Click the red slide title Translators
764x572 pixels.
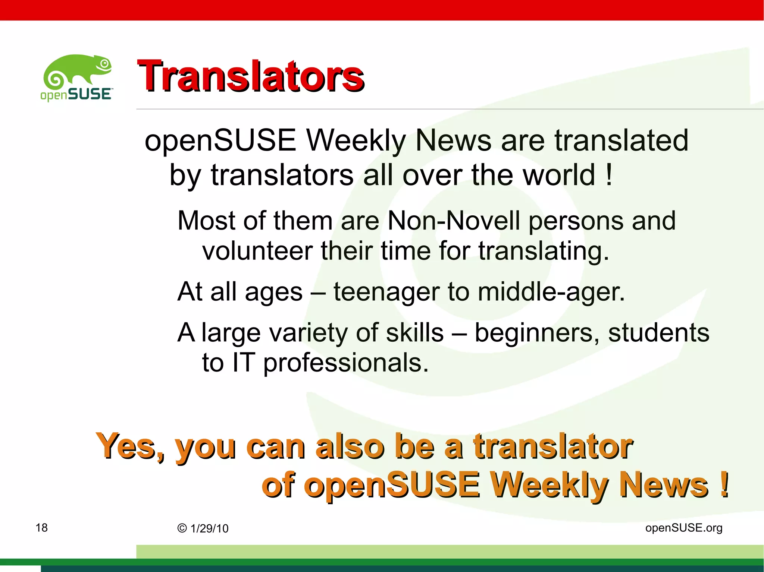pos(250,76)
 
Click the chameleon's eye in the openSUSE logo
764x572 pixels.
pos(105,64)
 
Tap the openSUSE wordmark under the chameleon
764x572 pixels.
pos(76,94)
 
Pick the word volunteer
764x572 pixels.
pos(257,251)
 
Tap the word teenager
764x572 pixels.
pos(386,292)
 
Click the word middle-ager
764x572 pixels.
pos(551,292)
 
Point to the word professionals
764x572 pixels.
pos(346,363)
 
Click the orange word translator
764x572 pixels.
pos(553,446)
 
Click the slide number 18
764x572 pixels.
pos(41,528)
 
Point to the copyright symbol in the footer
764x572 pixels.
pos(182,528)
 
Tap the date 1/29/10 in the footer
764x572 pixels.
pos(209,528)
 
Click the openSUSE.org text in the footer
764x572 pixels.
pos(684,528)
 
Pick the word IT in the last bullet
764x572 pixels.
pos(243,363)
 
